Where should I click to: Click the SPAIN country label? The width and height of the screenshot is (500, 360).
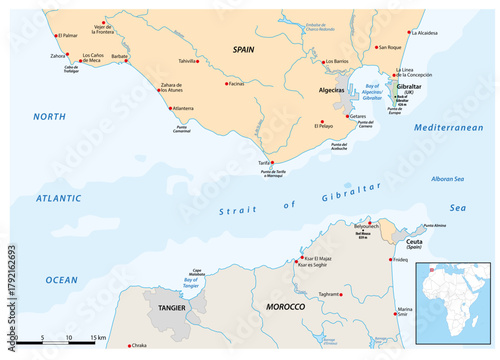coord(244,48)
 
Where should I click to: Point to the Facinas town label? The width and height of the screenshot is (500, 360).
coord(236,84)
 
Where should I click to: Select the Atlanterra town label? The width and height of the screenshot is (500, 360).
coord(183,107)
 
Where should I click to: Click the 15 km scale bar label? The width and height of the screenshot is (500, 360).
coord(98,339)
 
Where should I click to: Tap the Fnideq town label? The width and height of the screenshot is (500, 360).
coord(400,260)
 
